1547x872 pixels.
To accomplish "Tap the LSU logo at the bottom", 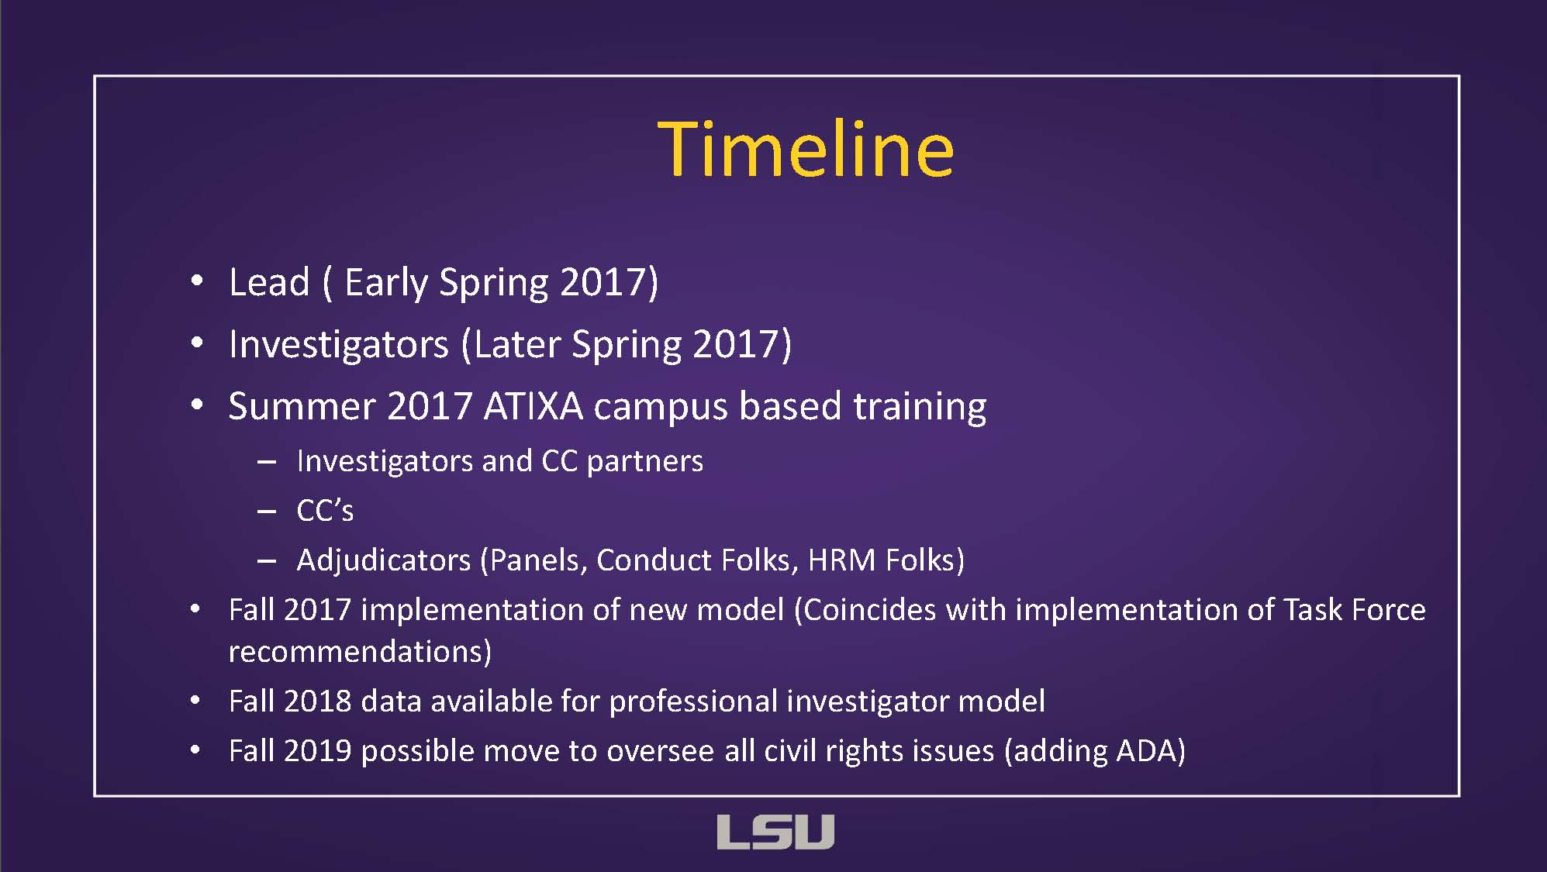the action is point(775,832).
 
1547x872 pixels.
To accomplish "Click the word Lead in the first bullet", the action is point(269,281).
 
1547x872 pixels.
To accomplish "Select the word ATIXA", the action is point(533,406).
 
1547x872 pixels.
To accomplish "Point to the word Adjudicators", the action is point(384,560).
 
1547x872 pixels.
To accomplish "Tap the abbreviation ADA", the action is point(1146,750).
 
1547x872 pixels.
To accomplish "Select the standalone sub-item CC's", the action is point(325,510).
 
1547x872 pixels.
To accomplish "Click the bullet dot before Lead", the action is point(197,281).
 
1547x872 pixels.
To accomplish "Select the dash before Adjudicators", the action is point(267,560).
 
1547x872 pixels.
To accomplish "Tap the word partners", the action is point(645,461).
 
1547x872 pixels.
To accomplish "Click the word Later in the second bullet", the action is point(517,344).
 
